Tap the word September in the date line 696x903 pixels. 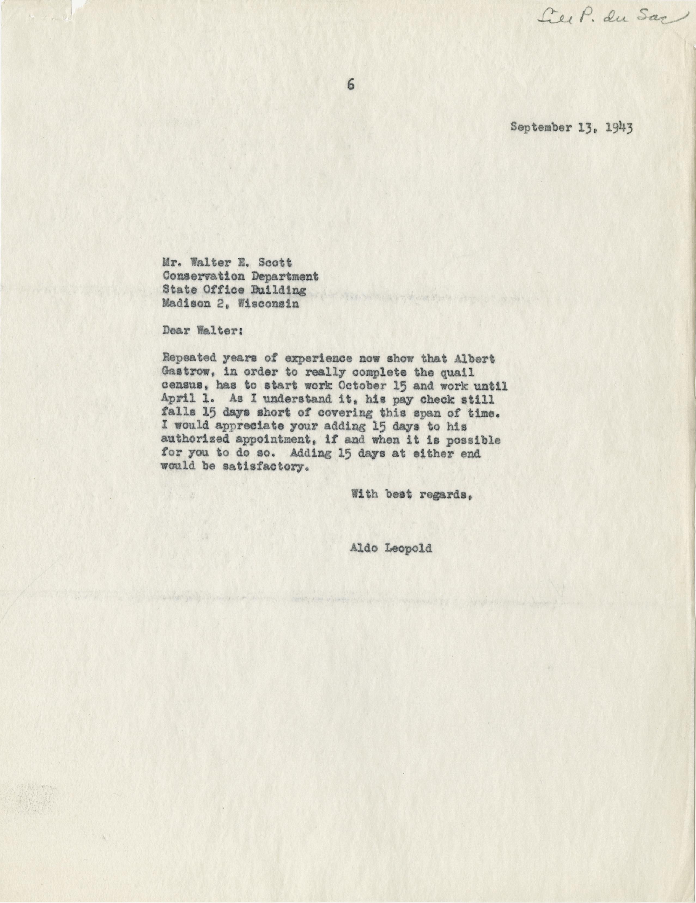(536, 127)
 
